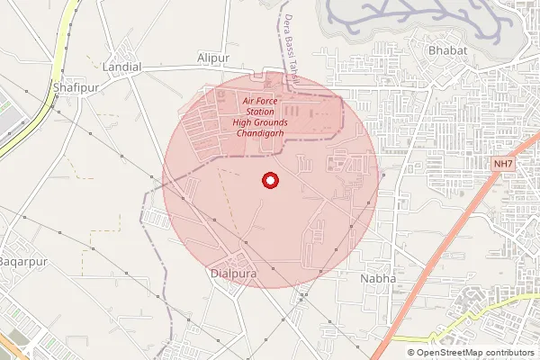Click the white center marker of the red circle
269,182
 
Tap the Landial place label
122,67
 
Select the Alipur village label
214,58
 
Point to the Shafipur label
74,86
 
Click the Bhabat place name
448,50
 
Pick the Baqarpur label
22,261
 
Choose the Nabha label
377,279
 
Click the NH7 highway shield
503,164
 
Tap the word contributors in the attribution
506,353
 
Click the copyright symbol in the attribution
411,353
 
